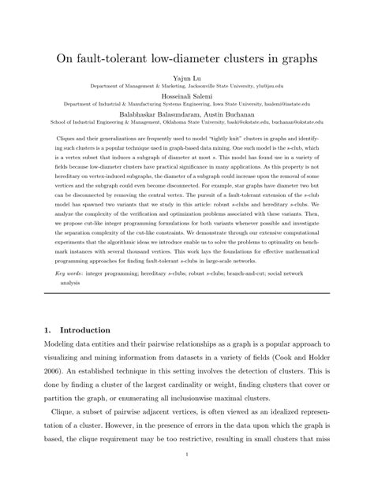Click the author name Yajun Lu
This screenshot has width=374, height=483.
point(186,79)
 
